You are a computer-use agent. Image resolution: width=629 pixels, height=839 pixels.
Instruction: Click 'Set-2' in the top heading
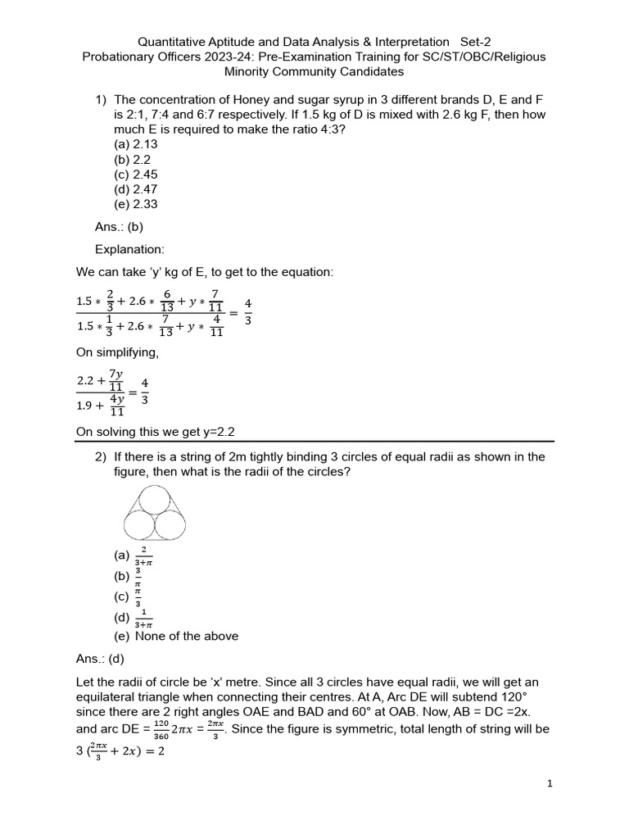point(476,41)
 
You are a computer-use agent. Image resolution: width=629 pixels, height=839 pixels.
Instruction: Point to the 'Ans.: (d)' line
point(99,658)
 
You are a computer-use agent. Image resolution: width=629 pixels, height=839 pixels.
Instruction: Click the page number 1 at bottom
point(550,784)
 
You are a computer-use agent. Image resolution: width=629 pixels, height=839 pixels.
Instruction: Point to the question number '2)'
point(102,457)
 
